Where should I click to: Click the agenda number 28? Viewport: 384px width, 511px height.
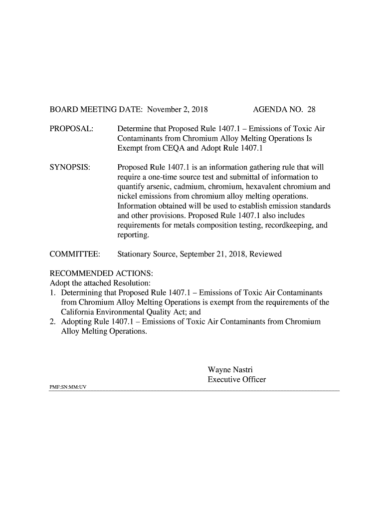312,109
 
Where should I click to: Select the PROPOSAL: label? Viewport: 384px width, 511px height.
71,129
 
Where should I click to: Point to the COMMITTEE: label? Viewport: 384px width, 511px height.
75,255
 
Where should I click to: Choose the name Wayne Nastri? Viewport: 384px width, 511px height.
230,370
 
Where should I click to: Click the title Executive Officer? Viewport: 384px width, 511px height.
236,380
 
